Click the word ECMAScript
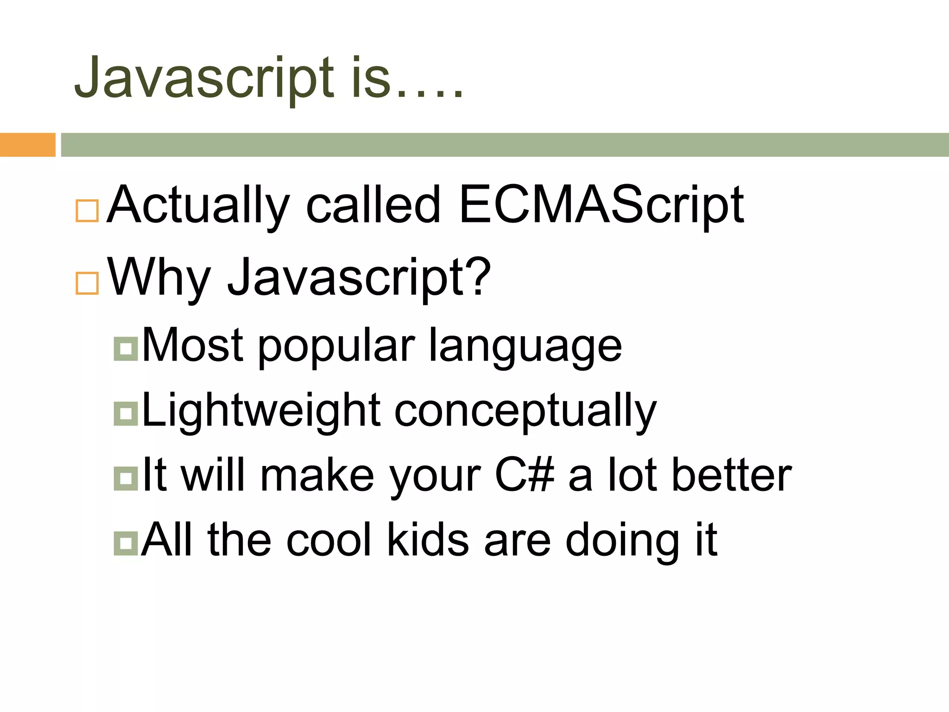(x=601, y=205)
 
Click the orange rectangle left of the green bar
(x=27, y=145)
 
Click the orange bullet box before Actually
(x=87, y=211)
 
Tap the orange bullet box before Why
(x=87, y=283)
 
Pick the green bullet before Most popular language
(x=126, y=349)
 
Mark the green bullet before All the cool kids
(x=126, y=543)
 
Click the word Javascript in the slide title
(x=204, y=78)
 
